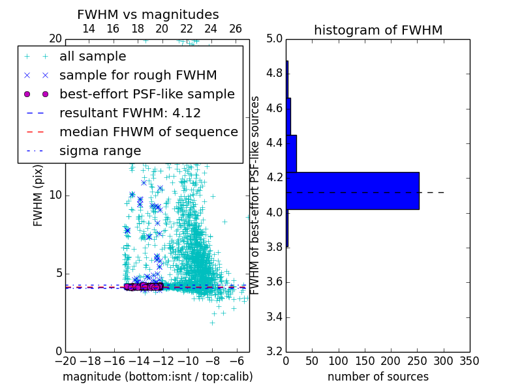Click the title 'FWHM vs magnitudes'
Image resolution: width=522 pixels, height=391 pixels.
pos(148,14)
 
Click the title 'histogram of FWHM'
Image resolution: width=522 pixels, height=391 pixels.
pos(378,30)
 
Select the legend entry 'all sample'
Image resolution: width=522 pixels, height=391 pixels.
pos(93,57)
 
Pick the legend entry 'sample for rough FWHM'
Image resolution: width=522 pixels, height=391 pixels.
pos(138,76)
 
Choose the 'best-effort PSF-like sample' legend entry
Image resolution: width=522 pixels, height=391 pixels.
pos(147,94)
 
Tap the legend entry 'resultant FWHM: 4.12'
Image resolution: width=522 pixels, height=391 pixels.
pos(130,113)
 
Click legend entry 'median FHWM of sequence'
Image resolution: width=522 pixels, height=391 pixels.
pos(148,132)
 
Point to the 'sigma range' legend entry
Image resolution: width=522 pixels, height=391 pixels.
pos(100,151)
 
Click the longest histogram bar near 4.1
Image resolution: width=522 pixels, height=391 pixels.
pos(352,190)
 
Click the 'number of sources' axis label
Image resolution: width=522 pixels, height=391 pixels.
pos(378,377)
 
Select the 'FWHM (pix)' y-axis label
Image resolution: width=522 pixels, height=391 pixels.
pos(38,194)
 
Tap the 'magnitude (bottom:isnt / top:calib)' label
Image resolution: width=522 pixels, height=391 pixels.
pos(157,377)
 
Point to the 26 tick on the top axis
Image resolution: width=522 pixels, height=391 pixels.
pos(236,29)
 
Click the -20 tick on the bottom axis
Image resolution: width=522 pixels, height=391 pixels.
pos(65,360)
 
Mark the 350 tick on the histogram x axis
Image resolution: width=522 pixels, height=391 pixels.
pos(469,360)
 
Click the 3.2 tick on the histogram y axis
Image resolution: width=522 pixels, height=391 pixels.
pos(274,352)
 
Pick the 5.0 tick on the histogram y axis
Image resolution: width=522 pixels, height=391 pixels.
pos(274,38)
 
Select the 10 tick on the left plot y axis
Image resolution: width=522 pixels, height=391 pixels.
pos(55,195)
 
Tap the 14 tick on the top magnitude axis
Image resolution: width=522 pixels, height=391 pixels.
pos(89,29)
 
